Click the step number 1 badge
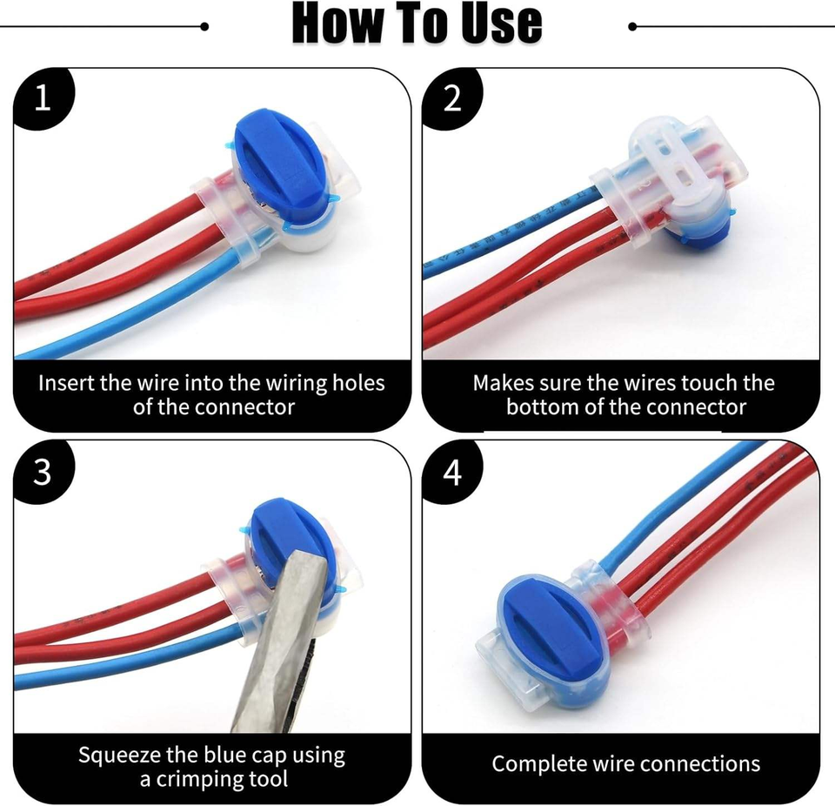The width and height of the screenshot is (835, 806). [x=42, y=98]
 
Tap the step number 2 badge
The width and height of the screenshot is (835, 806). [x=451, y=98]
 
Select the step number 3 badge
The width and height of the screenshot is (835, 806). [x=42, y=471]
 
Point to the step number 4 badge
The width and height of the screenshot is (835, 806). [x=451, y=471]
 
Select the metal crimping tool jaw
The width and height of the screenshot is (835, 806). [x=276, y=640]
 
